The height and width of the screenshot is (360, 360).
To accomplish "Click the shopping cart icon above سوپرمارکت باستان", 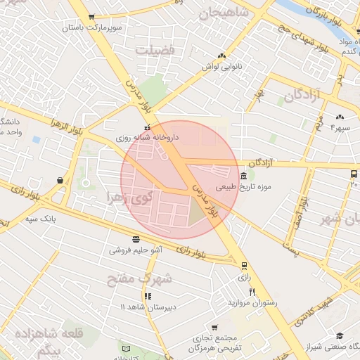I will point(91,18).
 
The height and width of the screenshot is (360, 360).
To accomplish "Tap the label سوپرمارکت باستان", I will point(93,29).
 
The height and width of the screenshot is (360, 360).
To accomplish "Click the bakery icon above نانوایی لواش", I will point(222,55).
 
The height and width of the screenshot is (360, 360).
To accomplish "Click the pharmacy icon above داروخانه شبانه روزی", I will point(146,127).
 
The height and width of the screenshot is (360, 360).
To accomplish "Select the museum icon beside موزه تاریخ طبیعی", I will point(243,176).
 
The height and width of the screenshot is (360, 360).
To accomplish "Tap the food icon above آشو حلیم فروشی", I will point(136,238).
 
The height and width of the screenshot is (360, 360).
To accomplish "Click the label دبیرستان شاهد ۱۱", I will point(148,307).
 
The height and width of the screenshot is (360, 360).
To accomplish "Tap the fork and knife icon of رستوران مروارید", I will point(252,292).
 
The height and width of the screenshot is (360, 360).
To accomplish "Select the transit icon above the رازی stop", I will point(243,266).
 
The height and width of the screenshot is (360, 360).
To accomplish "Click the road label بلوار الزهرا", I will point(67,128).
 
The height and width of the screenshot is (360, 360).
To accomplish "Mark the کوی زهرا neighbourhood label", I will point(127,196).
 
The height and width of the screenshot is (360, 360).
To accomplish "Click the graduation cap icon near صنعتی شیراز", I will point(340,336).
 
